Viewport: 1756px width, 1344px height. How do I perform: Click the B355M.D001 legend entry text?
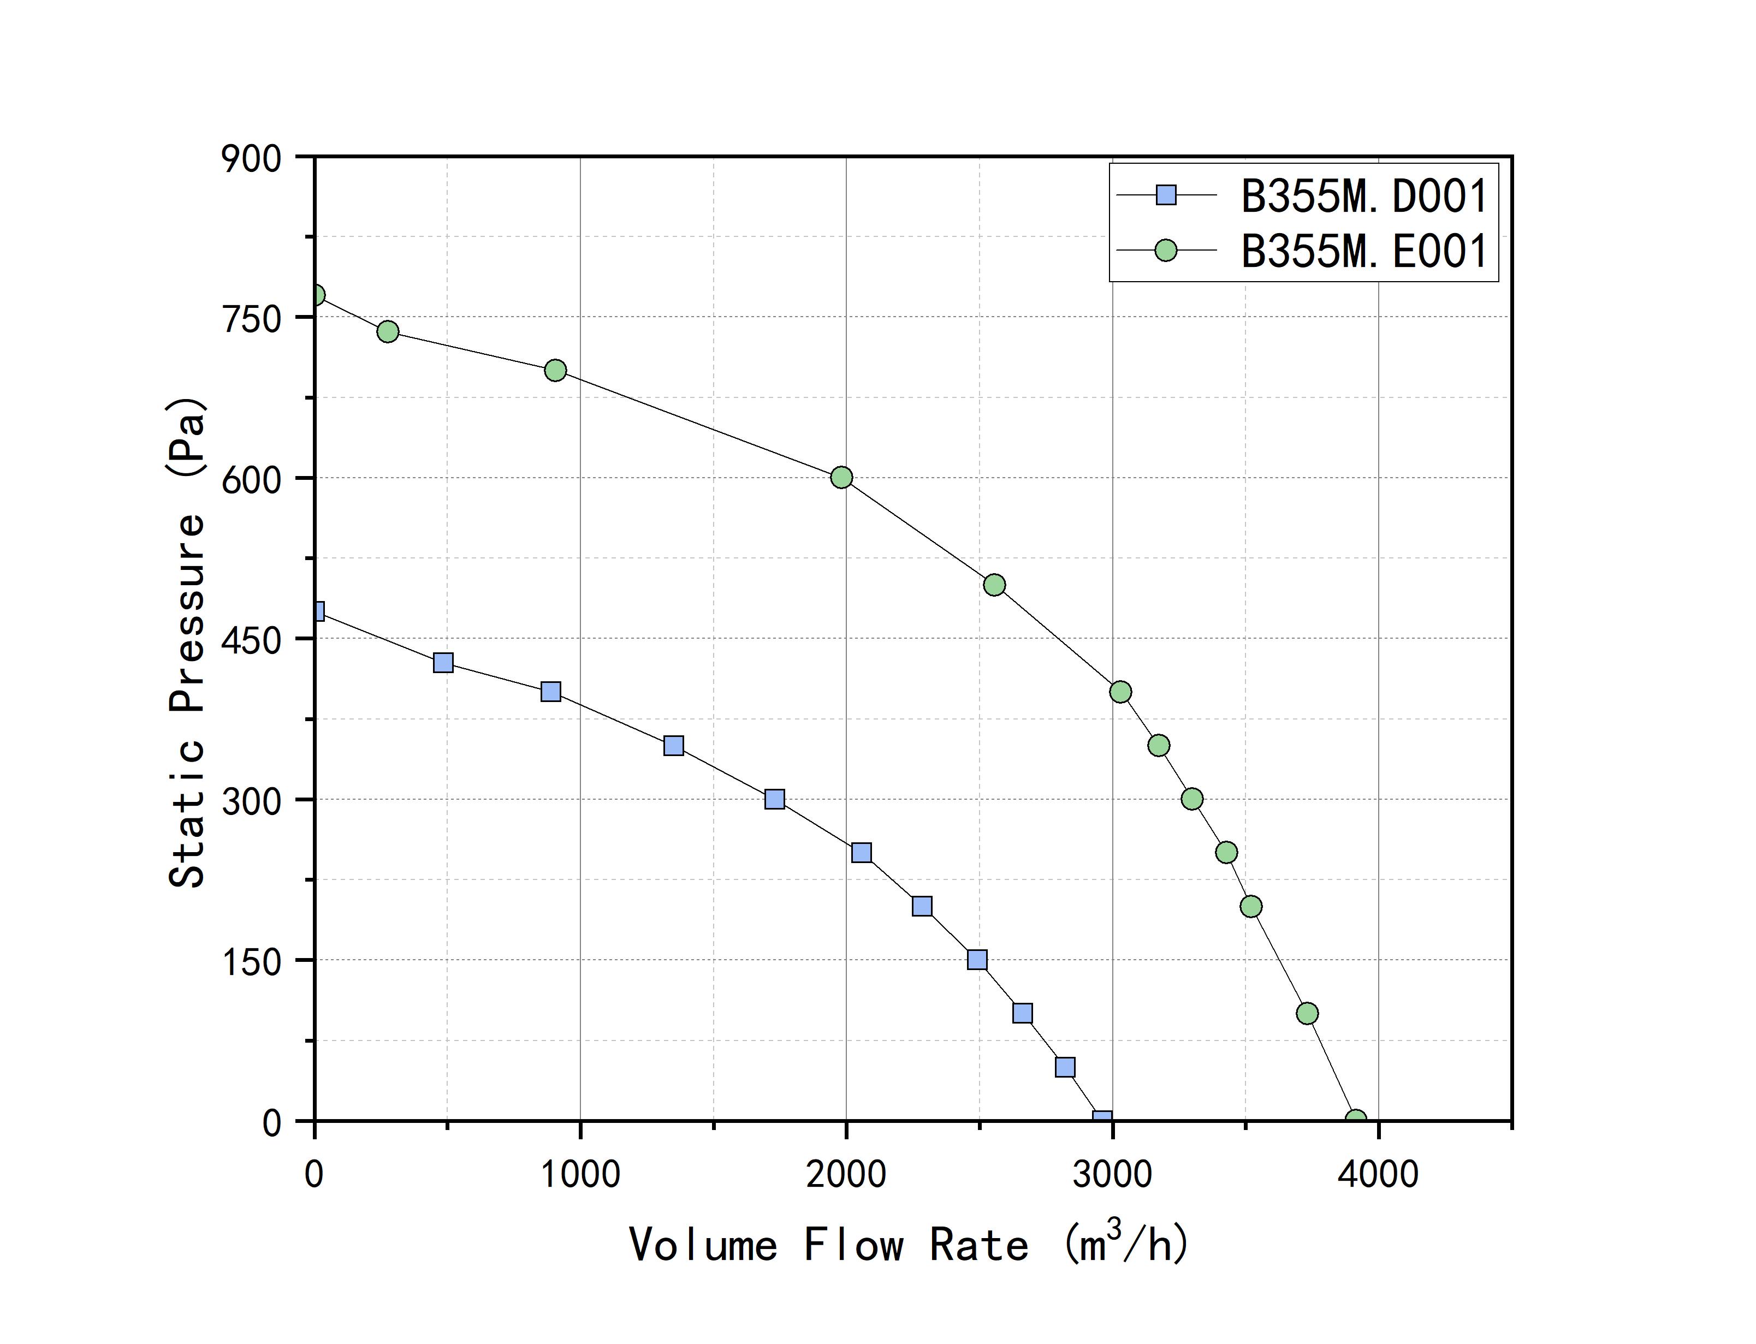[1363, 196]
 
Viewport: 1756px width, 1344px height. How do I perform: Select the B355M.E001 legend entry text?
[1363, 251]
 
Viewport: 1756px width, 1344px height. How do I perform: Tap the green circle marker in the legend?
[1166, 251]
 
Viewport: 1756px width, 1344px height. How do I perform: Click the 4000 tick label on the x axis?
[1378, 1174]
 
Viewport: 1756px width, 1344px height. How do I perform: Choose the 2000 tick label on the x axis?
[846, 1174]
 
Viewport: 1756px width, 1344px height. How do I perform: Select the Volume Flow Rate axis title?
[909, 1244]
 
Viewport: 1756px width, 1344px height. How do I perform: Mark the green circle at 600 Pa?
[841, 478]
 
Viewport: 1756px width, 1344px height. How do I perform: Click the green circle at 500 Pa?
[994, 585]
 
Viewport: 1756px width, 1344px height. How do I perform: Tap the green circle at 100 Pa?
[1307, 1014]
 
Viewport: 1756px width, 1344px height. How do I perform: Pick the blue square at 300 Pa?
[774, 799]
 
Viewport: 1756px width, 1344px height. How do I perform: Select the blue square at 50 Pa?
[1064, 1067]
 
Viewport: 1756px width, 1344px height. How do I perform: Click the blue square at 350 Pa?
[674, 746]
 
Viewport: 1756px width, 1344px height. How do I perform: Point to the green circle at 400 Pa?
[1120, 692]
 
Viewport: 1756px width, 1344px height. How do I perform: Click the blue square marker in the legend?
[1166, 195]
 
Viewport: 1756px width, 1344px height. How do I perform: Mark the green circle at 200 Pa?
[1251, 906]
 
